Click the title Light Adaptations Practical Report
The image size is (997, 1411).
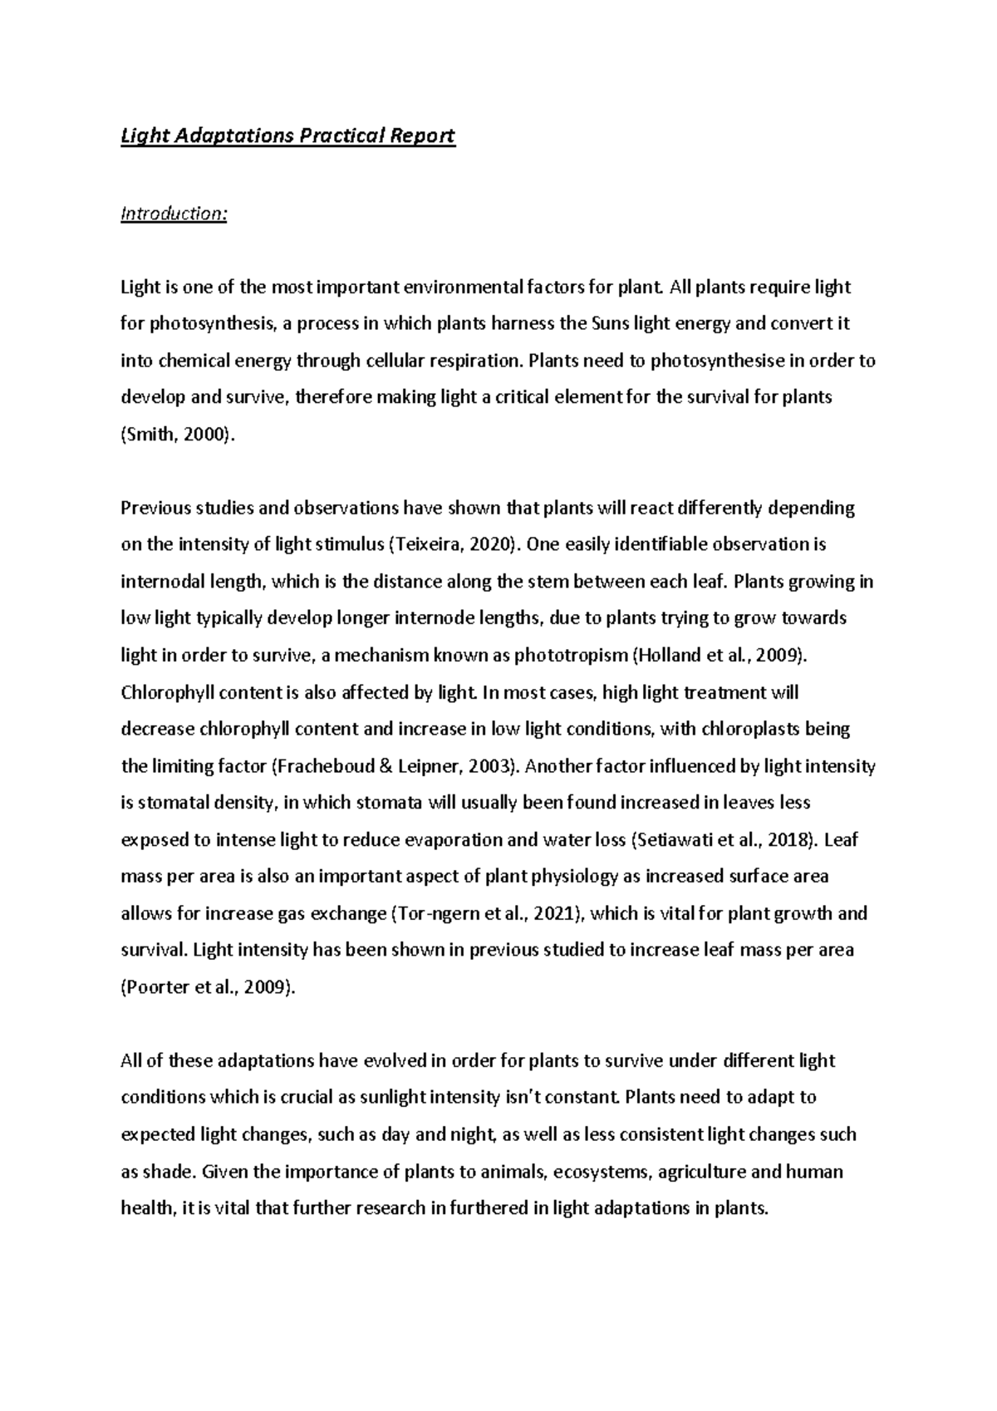(x=287, y=135)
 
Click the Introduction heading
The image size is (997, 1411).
(x=174, y=214)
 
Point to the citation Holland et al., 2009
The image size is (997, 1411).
(x=719, y=655)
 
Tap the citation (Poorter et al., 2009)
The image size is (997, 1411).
(x=208, y=987)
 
